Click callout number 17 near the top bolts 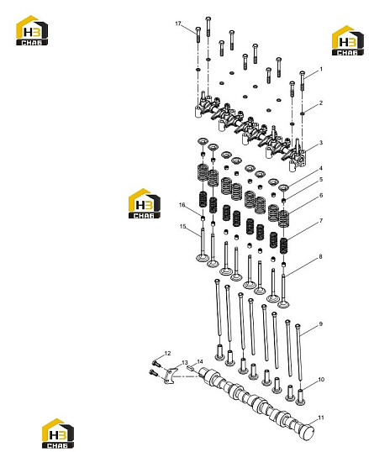[178, 24]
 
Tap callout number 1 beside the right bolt [321, 69]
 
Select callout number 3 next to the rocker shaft [321, 143]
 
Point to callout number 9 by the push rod [321, 324]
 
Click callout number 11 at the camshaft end [321, 418]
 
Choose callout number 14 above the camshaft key [200, 361]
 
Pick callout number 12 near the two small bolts [167, 354]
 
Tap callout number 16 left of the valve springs [182, 205]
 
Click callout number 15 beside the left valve [183, 227]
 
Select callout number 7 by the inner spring [321, 221]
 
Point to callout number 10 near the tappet [321, 380]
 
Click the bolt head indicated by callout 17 [198, 29]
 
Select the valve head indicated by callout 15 [202, 257]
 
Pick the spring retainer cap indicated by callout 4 [283, 187]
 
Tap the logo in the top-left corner [32, 30]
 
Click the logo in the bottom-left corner [58, 434]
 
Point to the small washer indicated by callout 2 [303, 113]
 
